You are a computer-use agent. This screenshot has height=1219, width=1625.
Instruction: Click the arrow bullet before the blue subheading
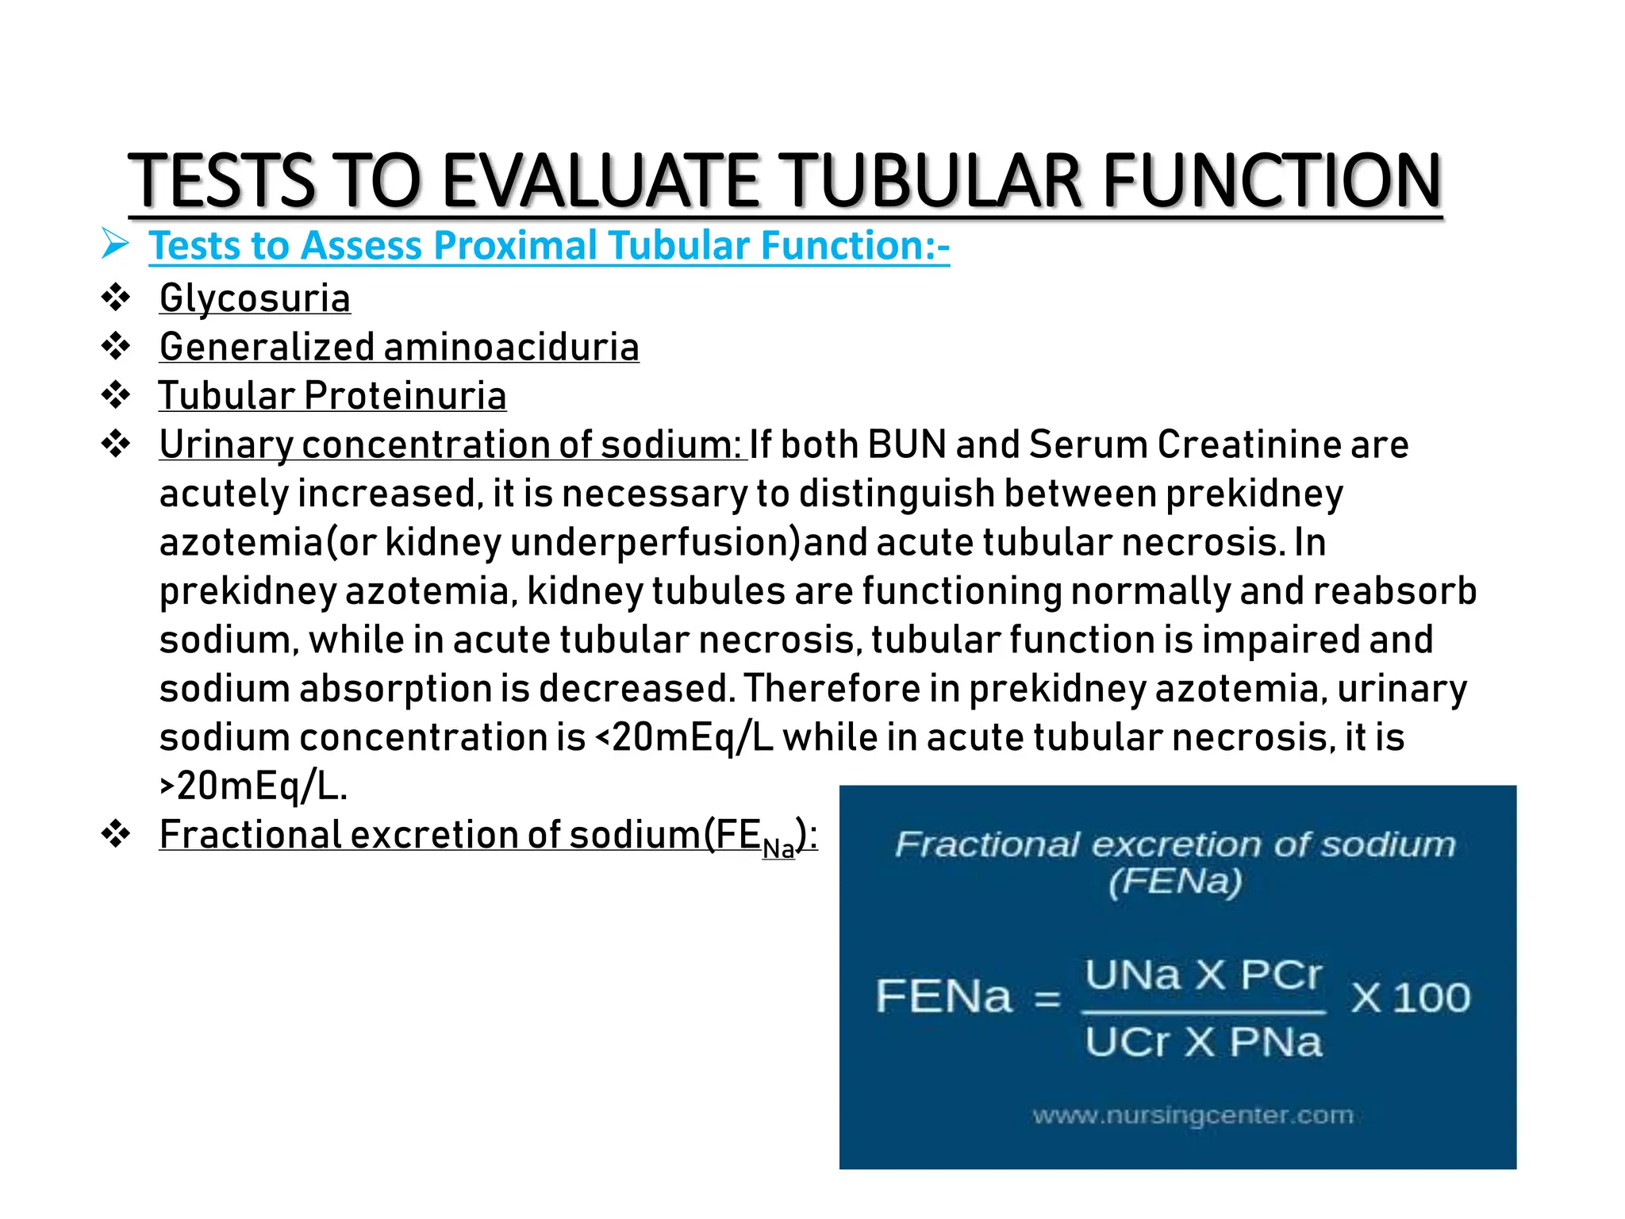(115, 244)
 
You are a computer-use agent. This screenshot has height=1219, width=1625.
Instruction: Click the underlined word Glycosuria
(255, 298)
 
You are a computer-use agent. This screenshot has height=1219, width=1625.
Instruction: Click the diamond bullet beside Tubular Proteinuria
(116, 394)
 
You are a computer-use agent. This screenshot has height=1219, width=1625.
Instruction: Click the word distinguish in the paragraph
(896, 494)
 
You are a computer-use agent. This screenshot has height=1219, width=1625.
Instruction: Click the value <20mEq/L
(683, 738)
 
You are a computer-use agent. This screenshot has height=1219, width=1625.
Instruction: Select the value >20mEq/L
(253, 786)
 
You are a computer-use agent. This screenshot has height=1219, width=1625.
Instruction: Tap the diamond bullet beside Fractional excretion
(116, 834)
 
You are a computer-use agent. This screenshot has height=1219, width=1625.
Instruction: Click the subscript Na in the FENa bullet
(778, 848)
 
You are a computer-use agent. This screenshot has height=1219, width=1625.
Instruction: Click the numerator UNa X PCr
(1203, 975)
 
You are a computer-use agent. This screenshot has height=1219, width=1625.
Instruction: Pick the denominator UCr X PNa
(1203, 1042)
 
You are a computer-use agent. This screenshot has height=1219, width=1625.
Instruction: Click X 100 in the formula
(1410, 998)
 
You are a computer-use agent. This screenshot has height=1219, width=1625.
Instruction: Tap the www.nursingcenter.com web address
(1193, 1115)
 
